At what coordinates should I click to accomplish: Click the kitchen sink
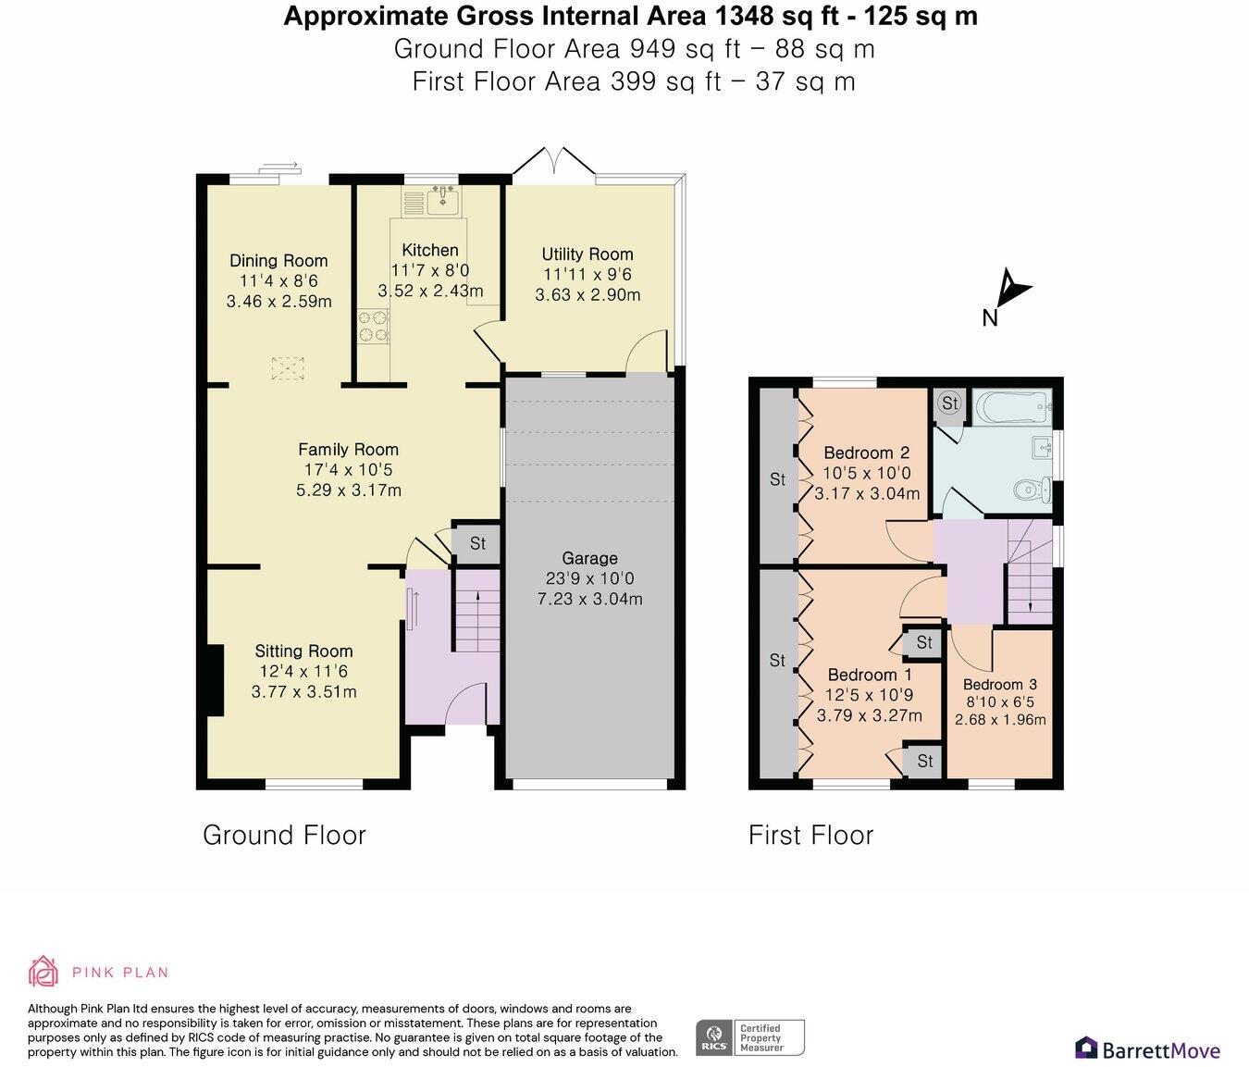(444, 200)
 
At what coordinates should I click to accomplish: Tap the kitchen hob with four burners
(373, 327)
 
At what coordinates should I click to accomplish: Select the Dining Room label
(278, 261)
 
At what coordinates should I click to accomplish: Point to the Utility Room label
(587, 254)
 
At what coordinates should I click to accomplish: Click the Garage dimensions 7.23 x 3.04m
(589, 599)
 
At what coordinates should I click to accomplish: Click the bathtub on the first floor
(1012, 407)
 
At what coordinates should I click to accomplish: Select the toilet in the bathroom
(1033, 489)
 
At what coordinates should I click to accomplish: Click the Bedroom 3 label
(1000, 684)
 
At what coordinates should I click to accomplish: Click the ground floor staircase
(476, 611)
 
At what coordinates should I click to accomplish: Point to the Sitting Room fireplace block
(216, 681)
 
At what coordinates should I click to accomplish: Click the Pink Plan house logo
(43, 972)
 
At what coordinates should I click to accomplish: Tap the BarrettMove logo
(1147, 1049)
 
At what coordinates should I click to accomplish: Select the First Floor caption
(810, 836)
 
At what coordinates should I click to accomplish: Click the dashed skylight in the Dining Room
(288, 368)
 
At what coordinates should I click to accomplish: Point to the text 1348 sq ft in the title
(776, 17)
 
